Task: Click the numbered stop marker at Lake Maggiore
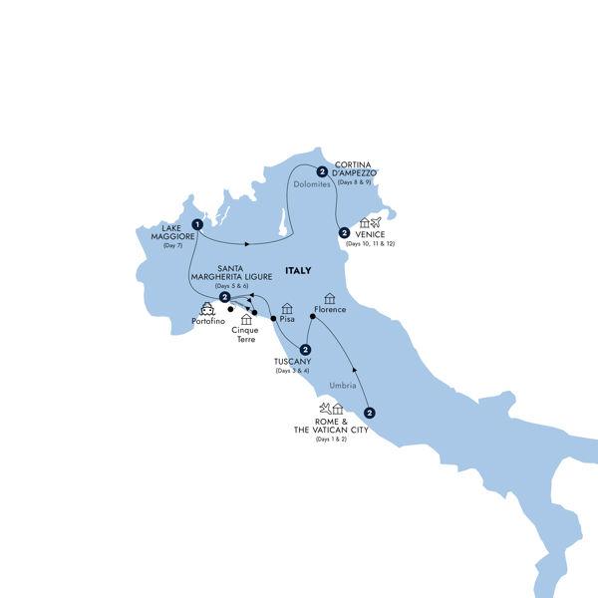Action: pyautogui.click(x=198, y=224)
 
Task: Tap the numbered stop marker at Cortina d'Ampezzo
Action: pyautogui.click(x=322, y=170)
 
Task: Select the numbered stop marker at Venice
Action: pyautogui.click(x=343, y=232)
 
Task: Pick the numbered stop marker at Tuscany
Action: pyautogui.click(x=306, y=349)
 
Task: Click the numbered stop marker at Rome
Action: pyautogui.click(x=370, y=413)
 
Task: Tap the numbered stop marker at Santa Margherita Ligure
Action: pyautogui.click(x=226, y=297)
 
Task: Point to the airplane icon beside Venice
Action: pyautogui.click(x=376, y=222)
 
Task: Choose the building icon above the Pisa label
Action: pyautogui.click(x=287, y=308)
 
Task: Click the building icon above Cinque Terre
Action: pyautogui.click(x=246, y=320)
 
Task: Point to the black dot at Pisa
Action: pyautogui.click(x=272, y=318)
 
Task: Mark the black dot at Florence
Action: pyautogui.click(x=312, y=318)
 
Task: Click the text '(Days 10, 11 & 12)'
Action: pyautogui.click(x=371, y=244)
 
